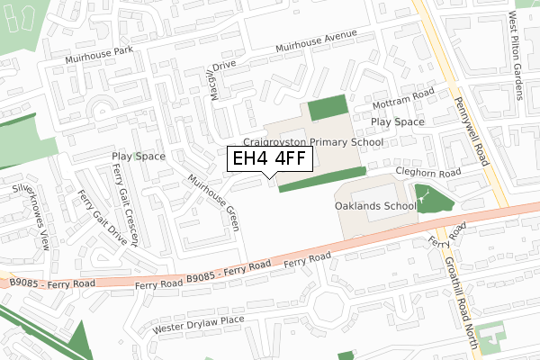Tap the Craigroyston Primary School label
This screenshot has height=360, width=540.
313,142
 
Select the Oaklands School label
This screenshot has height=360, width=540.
375,206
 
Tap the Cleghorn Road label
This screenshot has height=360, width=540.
427,172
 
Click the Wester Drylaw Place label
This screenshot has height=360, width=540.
198,320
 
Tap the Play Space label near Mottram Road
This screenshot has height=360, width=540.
397,121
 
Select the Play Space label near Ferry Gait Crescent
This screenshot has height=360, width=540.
138,157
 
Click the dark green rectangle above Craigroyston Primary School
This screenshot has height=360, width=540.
328,110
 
